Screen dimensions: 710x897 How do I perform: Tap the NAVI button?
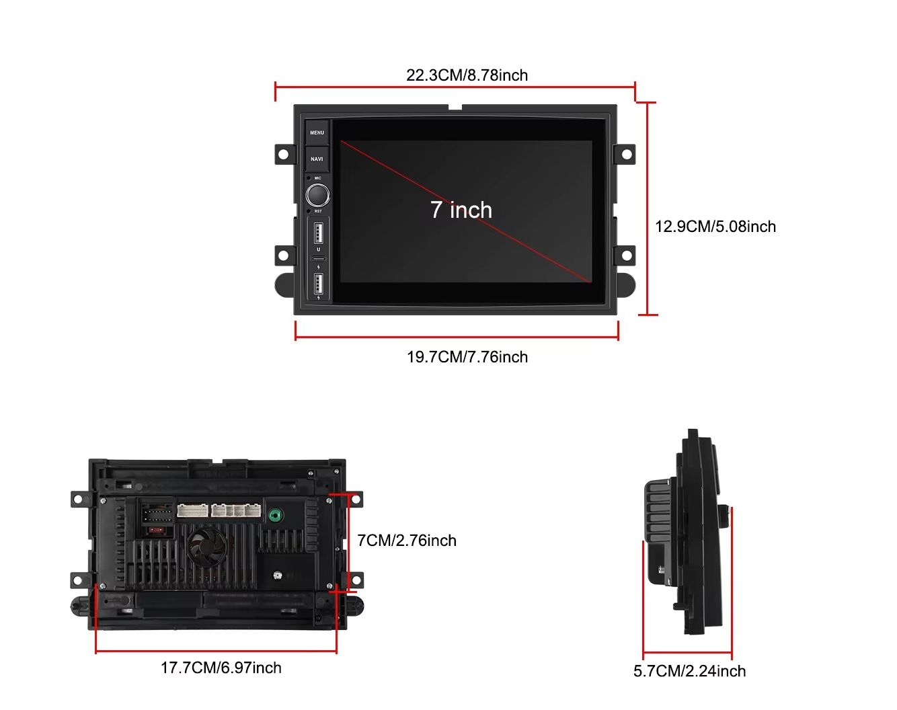pos(317,159)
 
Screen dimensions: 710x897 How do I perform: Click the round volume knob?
pos(318,195)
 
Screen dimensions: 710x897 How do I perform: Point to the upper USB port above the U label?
pos(319,233)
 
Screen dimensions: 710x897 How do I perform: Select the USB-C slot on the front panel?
pos(319,258)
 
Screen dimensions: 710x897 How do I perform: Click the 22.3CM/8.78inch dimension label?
pos(467,75)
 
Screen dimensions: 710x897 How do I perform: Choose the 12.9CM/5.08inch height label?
pos(715,227)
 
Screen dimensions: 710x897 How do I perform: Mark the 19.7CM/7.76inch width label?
pos(467,357)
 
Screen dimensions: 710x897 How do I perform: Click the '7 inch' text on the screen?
pos(461,210)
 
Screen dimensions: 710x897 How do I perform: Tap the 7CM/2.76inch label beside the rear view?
pos(406,541)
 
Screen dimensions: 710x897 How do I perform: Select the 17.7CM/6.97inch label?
pos(221,668)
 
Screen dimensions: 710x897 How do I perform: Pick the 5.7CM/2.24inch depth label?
pos(689,671)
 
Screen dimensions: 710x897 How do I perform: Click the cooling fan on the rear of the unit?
pos(205,546)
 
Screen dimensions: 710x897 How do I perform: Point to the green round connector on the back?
pos(275,516)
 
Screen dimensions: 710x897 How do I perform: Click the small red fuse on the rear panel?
pos(157,530)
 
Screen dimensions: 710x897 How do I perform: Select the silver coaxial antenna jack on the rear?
pos(277,576)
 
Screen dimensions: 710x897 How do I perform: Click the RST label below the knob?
pos(318,211)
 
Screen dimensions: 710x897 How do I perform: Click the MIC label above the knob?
pos(318,178)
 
